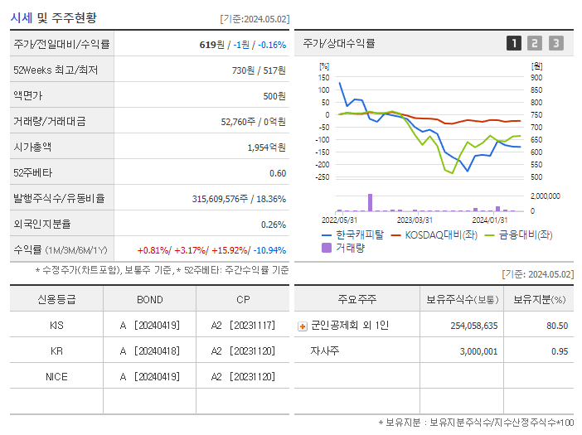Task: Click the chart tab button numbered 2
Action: point(535,43)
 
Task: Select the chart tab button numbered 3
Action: point(555,43)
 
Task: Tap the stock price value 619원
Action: point(212,45)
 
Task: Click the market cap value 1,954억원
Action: point(266,147)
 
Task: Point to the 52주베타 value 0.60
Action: point(278,173)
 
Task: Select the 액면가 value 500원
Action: point(270,96)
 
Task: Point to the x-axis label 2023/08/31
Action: point(415,220)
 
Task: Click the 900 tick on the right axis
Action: point(536,78)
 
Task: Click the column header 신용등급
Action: point(56,300)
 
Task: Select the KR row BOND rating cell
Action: point(150,351)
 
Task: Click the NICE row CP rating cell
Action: point(242,377)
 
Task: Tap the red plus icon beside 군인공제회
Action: point(303,326)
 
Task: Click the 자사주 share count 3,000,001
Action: point(474,351)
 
